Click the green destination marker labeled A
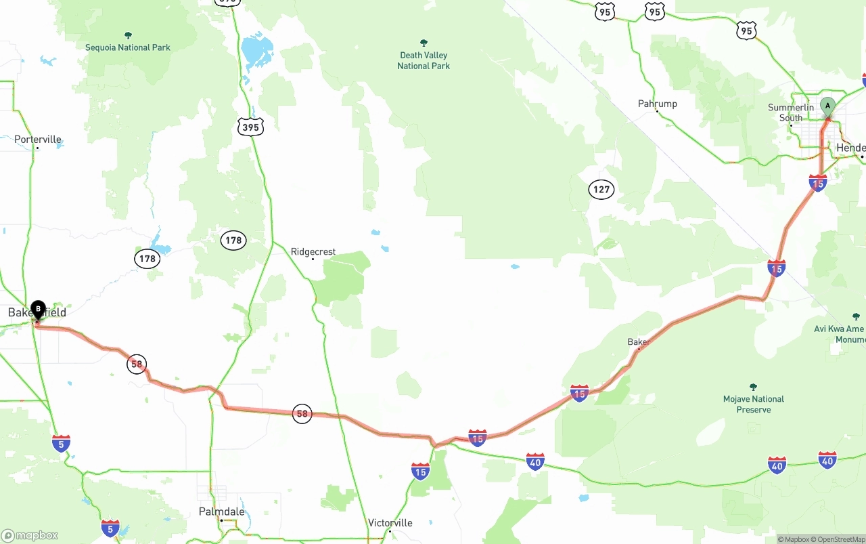pos(827,107)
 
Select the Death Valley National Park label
pos(424,60)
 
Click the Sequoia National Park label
pos(128,47)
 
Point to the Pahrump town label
pos(657,104)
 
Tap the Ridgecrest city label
pos(313,251)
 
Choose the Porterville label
pos(38,140)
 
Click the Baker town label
pos(638,341)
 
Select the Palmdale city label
pos(221,511)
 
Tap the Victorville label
pos(390,523)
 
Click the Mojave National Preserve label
pos(753,404)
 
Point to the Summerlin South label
pos(791,112)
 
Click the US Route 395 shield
pos(250,126)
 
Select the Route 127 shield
pos(601,190)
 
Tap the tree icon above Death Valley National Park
pos(424,43)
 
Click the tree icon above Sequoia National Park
pos(128,35)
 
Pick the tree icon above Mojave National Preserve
pos(753,387)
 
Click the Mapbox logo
pos(30,535)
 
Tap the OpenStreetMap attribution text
pos(840,539)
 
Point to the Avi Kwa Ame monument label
pos(840,334)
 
